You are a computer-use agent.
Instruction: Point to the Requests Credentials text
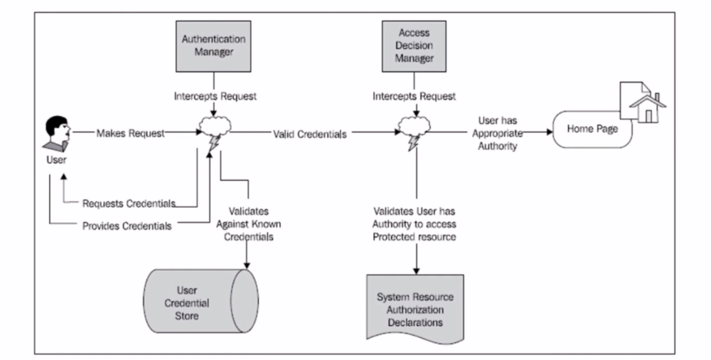(128, 203)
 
